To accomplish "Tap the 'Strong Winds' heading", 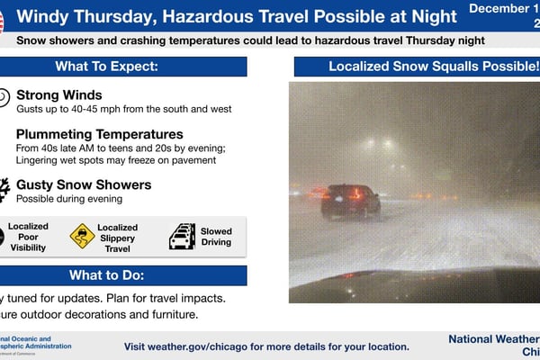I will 58,94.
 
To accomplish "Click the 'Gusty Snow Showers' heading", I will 84,184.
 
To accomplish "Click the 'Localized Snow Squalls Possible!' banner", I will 414,67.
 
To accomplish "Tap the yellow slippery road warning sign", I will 82,236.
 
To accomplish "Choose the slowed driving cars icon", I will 182,236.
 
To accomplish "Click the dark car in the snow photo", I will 350,201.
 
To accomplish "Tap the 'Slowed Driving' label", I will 216,236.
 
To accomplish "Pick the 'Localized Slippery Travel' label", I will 117,236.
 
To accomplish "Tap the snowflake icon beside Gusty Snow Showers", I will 4,187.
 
